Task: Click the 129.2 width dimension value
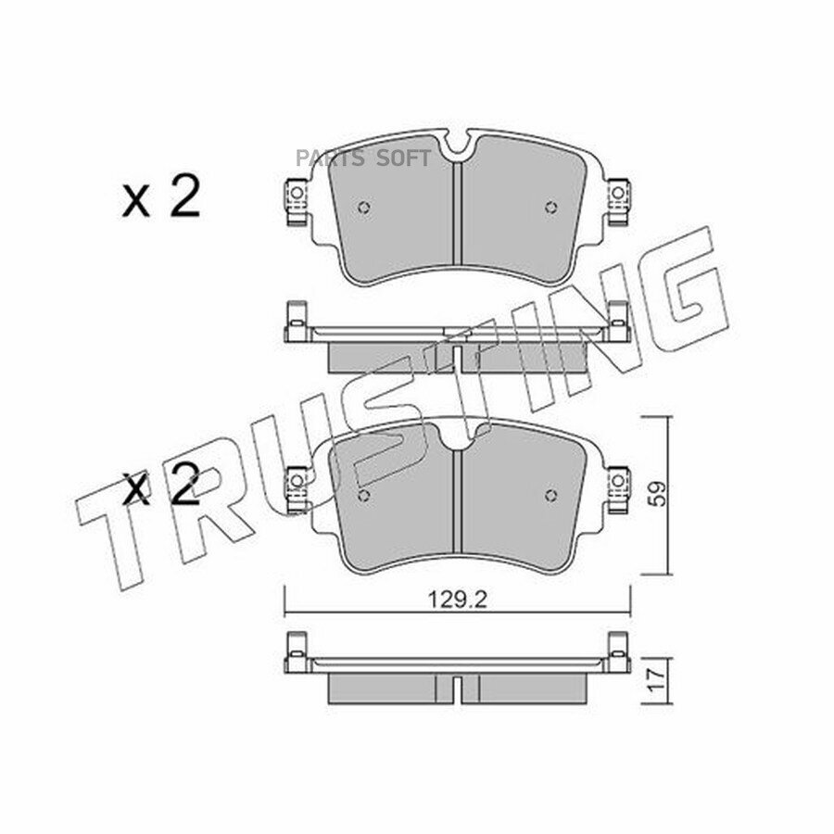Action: pyautogui.click(x=457, y=600)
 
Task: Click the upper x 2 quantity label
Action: pyautogui.click(x=161, y=196)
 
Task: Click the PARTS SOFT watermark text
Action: pyautogui.click(x=362, y=158)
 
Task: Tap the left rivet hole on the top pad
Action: pyautogui.click(x=364, y=208)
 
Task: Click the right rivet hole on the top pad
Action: pyautogui.click(x=551, y=208)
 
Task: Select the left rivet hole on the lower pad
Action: pyautogui.click(x=364, y=496)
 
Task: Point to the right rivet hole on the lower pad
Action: pyautogui.click(x=551, y=496)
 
